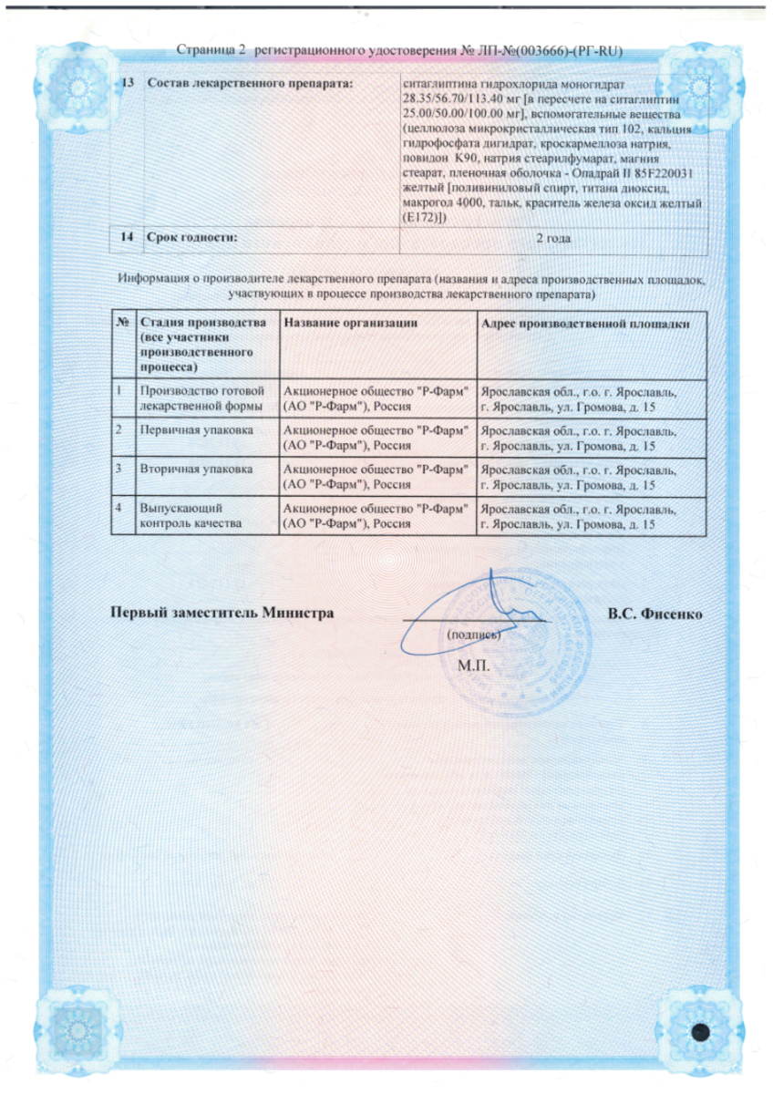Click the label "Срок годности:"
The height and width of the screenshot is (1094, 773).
click(188, 238)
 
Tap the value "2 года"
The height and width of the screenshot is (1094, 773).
click(552, 238)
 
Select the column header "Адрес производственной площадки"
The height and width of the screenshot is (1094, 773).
click(584, 325)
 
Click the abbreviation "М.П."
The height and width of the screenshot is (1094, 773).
click(473, 665)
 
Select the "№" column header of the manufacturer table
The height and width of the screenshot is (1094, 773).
click(122, 325)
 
